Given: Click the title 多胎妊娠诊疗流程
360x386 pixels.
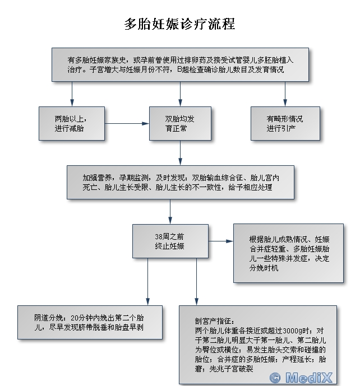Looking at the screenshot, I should click(179, 24).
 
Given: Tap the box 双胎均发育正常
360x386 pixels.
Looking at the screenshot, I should click(179, 124).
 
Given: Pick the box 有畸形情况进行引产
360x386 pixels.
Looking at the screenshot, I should click(285, 124).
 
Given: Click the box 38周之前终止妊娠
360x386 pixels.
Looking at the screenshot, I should click(170, 241).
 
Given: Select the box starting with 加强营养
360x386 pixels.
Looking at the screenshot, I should click(180, 182).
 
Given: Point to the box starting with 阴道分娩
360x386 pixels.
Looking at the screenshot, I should click(90, 322).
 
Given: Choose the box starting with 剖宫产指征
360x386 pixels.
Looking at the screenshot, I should click(258, 344).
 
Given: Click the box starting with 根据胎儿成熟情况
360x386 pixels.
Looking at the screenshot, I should click(289, 250).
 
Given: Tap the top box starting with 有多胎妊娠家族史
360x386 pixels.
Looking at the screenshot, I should click(180, 65).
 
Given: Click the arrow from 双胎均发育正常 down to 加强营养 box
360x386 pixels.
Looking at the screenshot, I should click(180, 152).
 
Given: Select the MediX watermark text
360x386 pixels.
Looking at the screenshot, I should click(310, 377).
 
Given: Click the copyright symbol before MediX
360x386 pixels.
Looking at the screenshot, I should click(275, 377).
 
